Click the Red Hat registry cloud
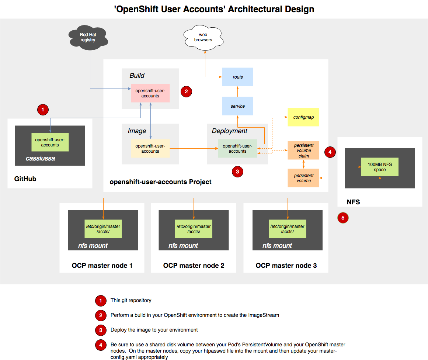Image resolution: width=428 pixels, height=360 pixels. (x=88, y=37)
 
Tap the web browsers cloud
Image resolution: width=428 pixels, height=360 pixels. (x=203, y=37)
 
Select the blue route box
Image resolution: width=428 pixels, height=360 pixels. (x=237, y=77)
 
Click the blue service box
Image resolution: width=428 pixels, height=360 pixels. (x=237, y=106)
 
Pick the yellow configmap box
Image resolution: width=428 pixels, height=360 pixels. (x=303, y=117)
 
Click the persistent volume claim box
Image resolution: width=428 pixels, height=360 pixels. (x=303, y=150)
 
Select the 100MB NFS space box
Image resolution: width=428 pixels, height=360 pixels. (x=379, y=167)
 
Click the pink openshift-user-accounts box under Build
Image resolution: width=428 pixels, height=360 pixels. (x=150, y=93)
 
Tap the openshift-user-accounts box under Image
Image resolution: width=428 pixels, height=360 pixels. (x=150, y=149)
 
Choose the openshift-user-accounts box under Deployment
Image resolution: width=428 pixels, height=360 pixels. (x=237, y=149)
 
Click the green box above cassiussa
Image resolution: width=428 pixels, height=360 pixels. (x=50, y=142)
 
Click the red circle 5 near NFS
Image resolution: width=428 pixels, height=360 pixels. (x=343, y=218)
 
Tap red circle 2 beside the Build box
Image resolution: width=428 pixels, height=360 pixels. (x=186, y=91)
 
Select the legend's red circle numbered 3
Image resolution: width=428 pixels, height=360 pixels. (x=100, y=330)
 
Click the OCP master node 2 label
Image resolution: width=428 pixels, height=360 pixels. (x=194, y=266)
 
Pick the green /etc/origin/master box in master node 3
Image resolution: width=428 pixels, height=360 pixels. (x=287, y=229)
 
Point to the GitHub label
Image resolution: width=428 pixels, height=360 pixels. (x=25, y=179)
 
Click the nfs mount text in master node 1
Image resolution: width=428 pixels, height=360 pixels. (x=93, y=246)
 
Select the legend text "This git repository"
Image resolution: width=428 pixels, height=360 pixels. (x=131, y=300)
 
